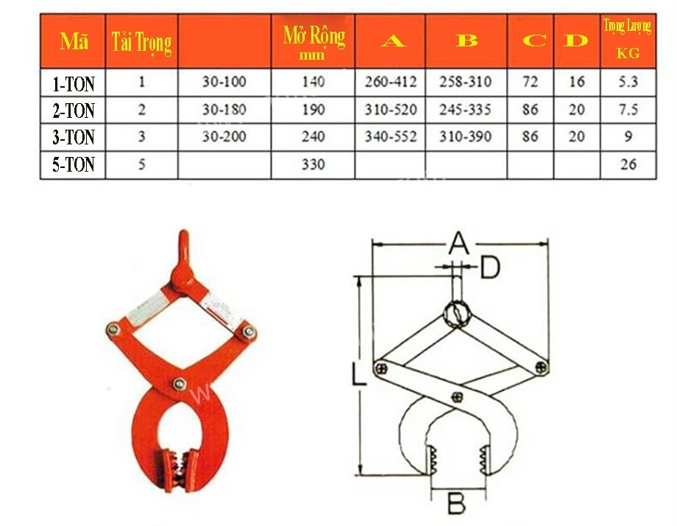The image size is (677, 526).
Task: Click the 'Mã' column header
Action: click(x=74, y=41)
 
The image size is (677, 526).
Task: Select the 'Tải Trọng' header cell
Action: click(x=141, y=42)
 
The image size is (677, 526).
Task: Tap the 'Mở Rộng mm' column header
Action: click(x=314, y=42)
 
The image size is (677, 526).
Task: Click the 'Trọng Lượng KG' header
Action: click(x=628, y=39)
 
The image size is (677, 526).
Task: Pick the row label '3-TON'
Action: click(x=74, y=138)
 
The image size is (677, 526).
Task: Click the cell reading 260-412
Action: click(x=391, y=82)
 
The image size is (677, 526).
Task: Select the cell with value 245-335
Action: click(x=465, y=109)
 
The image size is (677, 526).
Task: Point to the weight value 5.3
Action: click(x=628, y=82)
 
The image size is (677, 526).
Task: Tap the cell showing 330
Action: click(x=313, y=164)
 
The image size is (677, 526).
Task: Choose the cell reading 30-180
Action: click(x=224, y=109)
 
